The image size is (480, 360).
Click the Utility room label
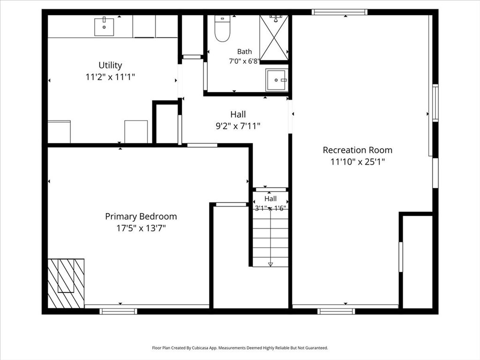(110, 65)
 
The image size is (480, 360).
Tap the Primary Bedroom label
(141, 217)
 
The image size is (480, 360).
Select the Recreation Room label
(358, 150)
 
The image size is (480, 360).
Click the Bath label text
(245, 52)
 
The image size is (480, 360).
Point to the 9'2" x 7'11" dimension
(238, 126)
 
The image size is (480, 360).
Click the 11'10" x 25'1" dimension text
(358, 162)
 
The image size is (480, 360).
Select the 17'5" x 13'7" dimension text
(141, 228)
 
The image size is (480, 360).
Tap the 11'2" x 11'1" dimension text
(110, 77)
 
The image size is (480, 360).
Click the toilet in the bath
(222, 29)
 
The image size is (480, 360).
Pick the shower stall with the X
(274, 38)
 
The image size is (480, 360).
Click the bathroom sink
(277, 80)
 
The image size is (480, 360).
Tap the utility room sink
(104, 27)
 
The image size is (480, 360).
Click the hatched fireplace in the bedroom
(66, 284)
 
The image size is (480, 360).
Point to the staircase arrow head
(270, 264)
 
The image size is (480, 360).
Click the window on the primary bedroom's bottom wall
(119, 311)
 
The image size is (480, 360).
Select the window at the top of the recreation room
(340, 12)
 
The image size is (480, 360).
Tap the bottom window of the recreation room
(336, 311)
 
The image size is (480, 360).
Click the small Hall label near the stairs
(270, 199)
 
